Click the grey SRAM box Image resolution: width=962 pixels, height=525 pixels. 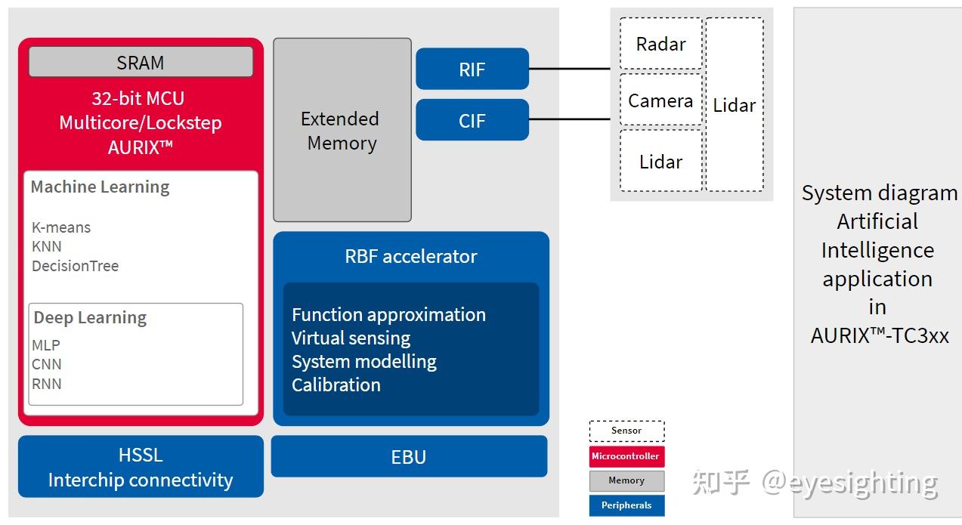tap(141, 62)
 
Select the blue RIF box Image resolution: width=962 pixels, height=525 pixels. tap(472, 69)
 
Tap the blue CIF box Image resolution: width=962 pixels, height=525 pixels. tap(472, 120)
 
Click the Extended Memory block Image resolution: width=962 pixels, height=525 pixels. tap(342, 130)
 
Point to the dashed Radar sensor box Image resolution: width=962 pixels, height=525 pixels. tap(660, 44)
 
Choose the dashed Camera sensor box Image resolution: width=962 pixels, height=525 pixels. tap(660, 100)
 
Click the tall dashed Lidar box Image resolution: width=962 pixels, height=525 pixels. tap(735, 105)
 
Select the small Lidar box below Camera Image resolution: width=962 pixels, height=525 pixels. tap(660, 161)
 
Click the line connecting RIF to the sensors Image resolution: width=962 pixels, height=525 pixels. tap(569, 69)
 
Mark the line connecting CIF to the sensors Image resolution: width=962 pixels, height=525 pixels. tap(569, 119)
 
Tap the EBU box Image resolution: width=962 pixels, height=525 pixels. tap(409, 456)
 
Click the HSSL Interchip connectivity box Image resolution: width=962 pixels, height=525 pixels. tap(141, 467)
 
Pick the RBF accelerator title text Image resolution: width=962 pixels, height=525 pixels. tap(411, 256)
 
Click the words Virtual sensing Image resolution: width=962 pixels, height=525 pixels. tap(351, 338)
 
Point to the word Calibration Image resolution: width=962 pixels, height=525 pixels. tap(336, 384)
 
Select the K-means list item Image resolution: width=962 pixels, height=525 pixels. tap(61, 227)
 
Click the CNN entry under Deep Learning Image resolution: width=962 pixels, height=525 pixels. tap(47, 364)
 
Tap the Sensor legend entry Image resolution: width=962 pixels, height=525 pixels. tap(626, 431)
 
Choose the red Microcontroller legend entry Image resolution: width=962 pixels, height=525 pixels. tap(626, 456)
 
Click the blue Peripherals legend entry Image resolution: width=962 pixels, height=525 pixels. tap(626, 505)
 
